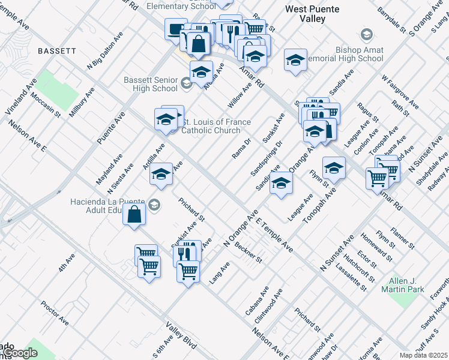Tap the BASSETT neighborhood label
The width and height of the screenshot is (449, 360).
[57, 52]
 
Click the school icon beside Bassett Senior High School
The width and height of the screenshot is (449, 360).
[186, 83]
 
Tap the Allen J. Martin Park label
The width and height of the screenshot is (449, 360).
[402, 285]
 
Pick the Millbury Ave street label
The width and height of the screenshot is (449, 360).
[82, 102]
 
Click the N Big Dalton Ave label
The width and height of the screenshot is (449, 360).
[100, 55]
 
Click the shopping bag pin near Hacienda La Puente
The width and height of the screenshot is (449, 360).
[134, 214]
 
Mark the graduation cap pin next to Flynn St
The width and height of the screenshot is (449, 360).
[334, 168]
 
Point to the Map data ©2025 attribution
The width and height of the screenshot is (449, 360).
[423, 355]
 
